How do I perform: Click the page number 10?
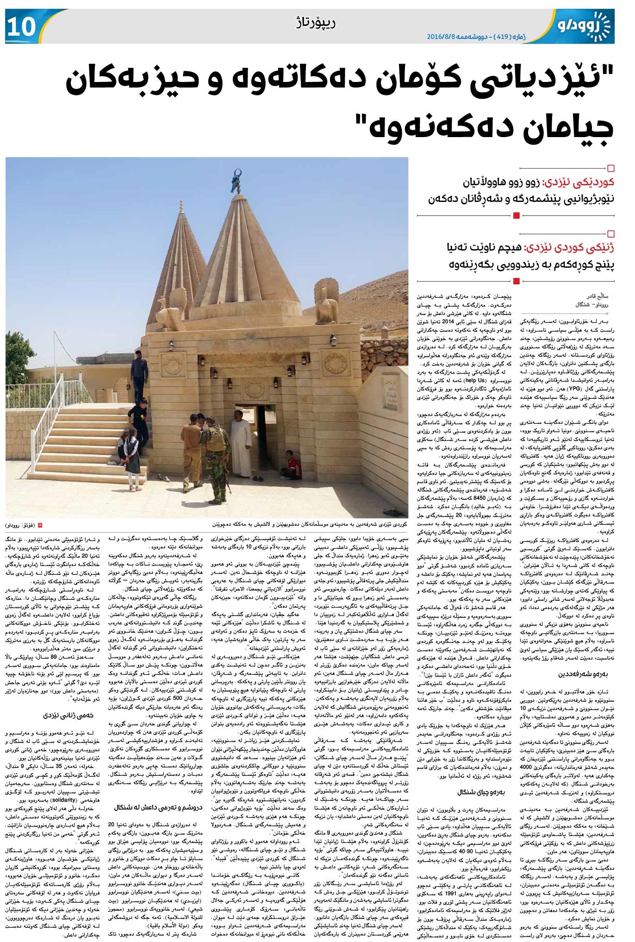click(21, 27)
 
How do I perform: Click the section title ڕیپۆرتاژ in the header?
click(314, 22)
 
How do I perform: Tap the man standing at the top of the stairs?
click(138, 374)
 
